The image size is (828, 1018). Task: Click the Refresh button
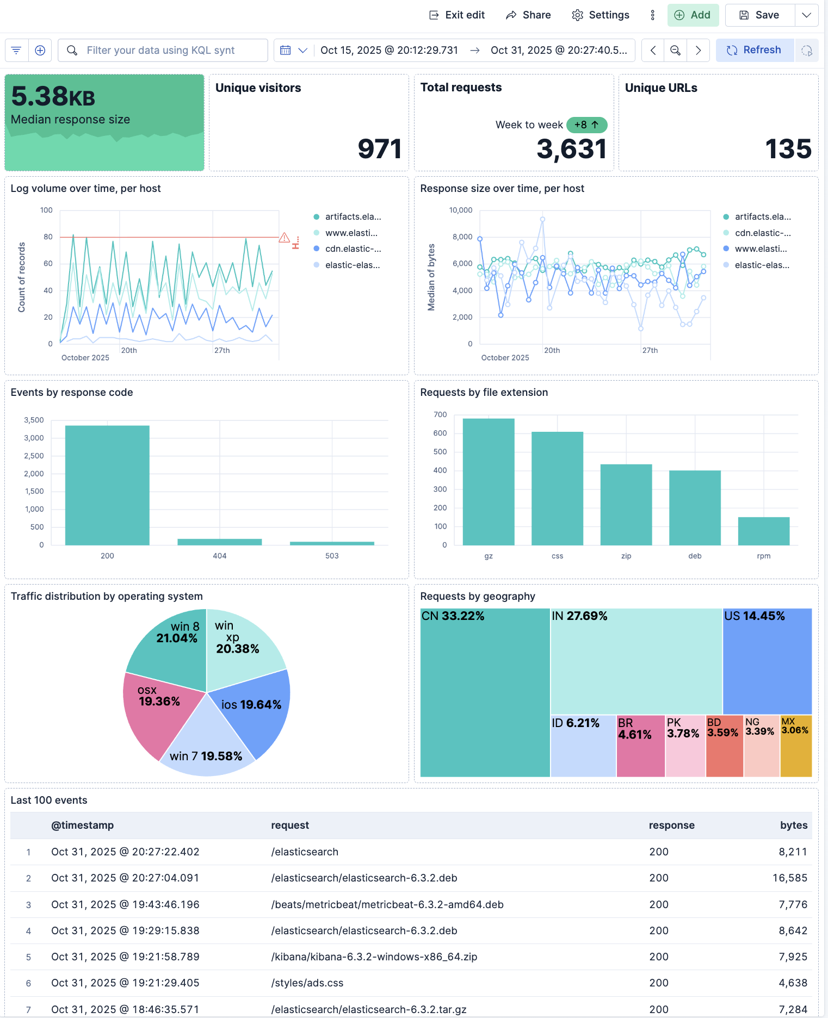(x=755, y=50)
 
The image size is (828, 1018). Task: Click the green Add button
(x=693, y=15)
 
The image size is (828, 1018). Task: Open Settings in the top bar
(x=601, y=15)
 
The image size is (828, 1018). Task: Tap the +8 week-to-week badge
(x=586, y=125)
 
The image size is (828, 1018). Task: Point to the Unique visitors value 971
(x=379, y=149)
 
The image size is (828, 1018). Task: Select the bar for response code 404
(x=219, y=542)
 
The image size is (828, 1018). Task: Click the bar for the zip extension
(x=626, y=504)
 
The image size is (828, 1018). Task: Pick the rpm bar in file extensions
(x=763, y=531)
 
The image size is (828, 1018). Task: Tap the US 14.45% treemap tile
(x=767, y=661)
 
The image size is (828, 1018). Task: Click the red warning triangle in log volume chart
(x=284, y=238)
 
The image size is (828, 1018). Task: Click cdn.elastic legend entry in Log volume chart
(x=353, y=249)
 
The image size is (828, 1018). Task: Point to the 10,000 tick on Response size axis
(x=460, y=210)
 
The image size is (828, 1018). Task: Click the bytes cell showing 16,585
(x=789, y=878)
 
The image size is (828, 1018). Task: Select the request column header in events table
(x=290, y=825)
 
